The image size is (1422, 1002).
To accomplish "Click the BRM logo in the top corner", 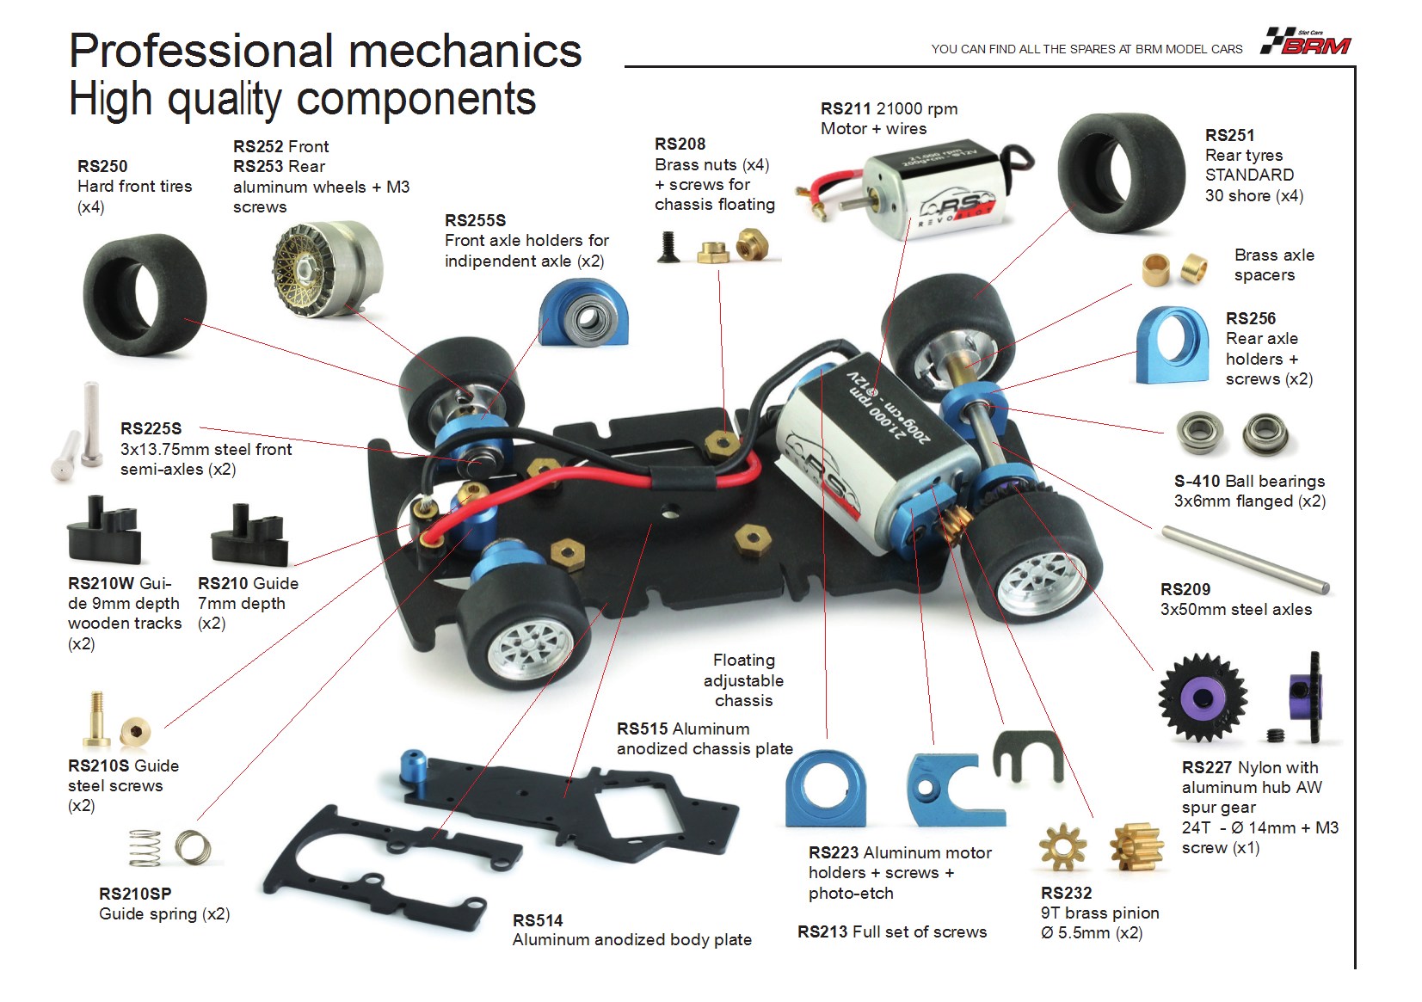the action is coord(1305,41).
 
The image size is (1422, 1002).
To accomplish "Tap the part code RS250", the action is coord(102,166).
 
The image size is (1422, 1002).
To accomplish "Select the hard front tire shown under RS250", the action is coord(145,295).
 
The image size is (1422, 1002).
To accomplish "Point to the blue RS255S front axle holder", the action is coord(583,312).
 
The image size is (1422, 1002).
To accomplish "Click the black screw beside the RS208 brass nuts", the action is coord(668,246).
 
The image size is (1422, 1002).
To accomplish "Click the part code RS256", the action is coord(1251,318).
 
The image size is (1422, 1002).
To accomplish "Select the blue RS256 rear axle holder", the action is coord(1173,345).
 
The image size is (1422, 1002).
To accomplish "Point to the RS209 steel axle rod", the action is coord(1246,560).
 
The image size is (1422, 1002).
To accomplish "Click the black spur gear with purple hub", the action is coord(1202,698).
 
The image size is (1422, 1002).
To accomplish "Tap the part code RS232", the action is coord(1066,893).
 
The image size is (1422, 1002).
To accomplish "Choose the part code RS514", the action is coord(538,920).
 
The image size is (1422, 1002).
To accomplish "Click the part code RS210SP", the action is coord(135,894).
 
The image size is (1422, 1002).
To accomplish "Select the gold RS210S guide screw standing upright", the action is coord(96,719).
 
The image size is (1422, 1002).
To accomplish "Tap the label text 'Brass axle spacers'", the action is coord(1273,265).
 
